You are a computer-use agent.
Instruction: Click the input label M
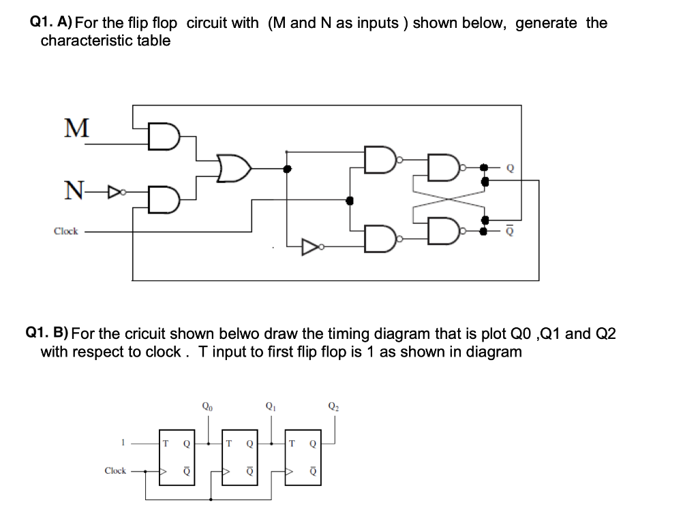click(x=76, y=127)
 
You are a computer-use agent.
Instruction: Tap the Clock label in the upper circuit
click(x=66, y=231)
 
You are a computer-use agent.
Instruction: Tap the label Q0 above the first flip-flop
click(x=207, y=408)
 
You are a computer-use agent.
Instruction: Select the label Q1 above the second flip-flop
click(x=271, y=408)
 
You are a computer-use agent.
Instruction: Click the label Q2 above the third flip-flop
click(x=333, y=408)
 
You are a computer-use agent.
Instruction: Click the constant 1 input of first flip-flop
click(x=123, y=443)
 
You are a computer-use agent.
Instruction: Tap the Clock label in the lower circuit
click(x=115, y=471)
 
